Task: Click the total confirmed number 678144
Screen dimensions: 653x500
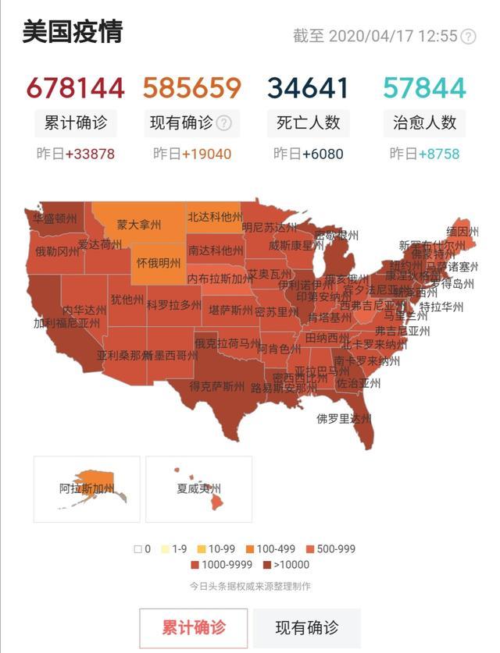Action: (75, 88)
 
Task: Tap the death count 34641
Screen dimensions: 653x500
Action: (308, 88)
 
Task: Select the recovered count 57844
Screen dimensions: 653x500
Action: (425, 88)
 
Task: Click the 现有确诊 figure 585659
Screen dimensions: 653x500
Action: (191, 88)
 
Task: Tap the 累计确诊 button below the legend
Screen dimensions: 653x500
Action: (194, 628)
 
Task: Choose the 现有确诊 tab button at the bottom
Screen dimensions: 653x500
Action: (307, 628)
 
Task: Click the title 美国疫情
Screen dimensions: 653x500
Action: (72, 34)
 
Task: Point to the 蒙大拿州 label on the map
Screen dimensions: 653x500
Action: (139, 225)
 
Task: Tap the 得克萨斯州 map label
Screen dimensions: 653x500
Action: (216, 385)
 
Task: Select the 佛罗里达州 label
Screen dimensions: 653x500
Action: (344, 419)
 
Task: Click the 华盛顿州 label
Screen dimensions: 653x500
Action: (55, 219)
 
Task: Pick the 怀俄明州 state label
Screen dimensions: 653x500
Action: (159, 263)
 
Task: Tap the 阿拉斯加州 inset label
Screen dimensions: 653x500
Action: (87, 489)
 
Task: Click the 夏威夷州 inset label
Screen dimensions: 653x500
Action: (199, 489)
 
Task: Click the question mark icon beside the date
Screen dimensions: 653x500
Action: (468, 37)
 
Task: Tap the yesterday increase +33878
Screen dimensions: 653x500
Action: (90, 154)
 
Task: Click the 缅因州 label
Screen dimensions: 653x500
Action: (462, 232)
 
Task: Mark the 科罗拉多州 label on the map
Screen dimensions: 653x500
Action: (173, 305)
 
